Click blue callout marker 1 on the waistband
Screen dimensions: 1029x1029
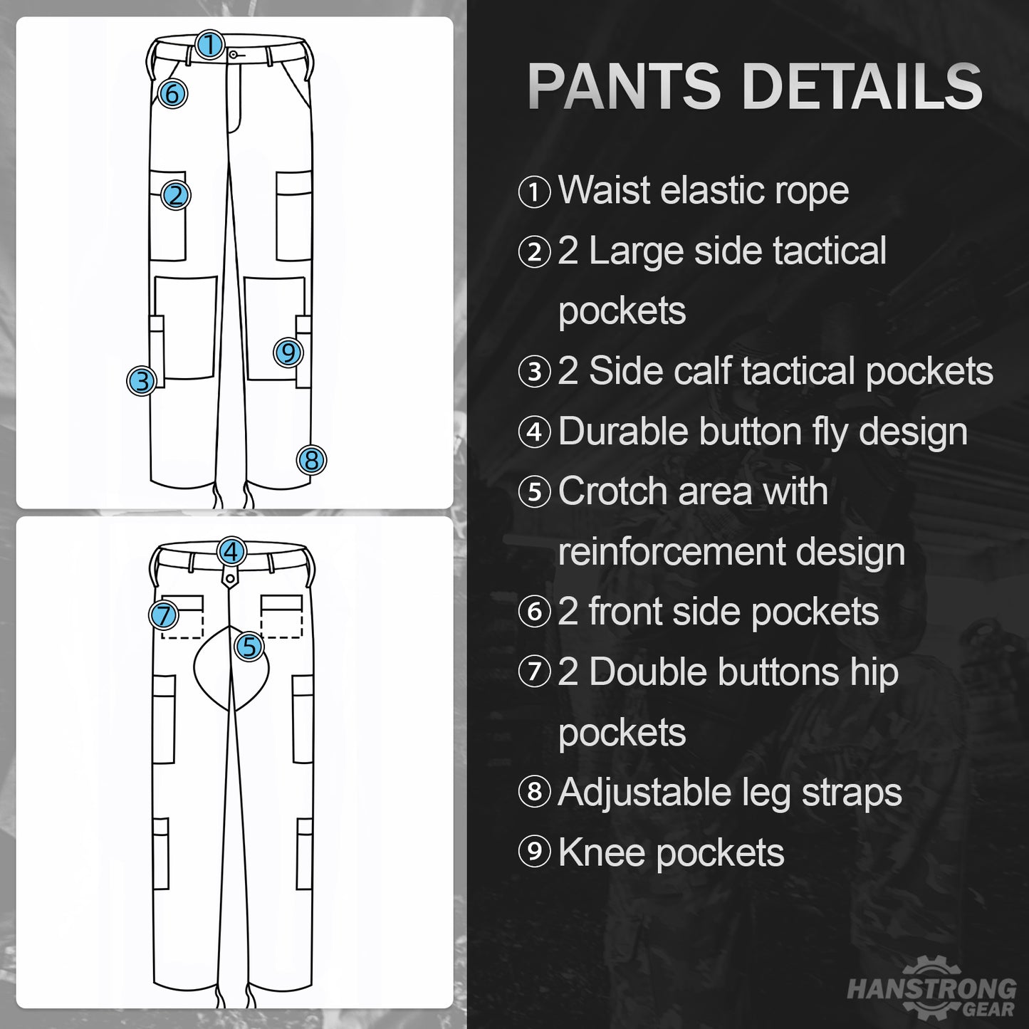pyautogui.click(x=210, y=44)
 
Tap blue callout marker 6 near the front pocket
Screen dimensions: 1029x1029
pyautogui.click(x=172, y=94)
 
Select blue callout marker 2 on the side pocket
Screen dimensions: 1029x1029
pyautogui.click(x=176, y=195)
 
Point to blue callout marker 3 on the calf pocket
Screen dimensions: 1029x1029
pyautogui.click(x=142, y=381)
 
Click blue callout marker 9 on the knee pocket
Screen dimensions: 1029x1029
pyautogui.click(x=288, y=352)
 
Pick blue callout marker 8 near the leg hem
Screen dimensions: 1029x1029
pyautogui.click(x=311, y=460)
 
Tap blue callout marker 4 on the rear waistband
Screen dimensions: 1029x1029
pyautogui.click(x=231, y=551)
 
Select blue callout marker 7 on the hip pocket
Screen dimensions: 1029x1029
pyautogui.click(x=164, y=615)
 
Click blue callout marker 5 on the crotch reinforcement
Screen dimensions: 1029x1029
pyautogui.click(x=249, y=647)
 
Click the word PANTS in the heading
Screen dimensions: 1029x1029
pyautogui.click(x=625, y=86)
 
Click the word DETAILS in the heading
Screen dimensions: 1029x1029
pyautogui.click(x=863, y=86)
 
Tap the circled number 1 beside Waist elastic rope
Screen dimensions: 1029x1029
pyautogui.click(x=534, y=192)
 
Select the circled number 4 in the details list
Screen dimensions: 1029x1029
pyautogui.click(x=534, y=432)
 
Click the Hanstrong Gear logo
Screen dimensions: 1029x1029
pyautogui.click(x=931, y=990)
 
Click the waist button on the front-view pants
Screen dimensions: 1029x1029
pyautogui.click(x=234, y=54)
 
